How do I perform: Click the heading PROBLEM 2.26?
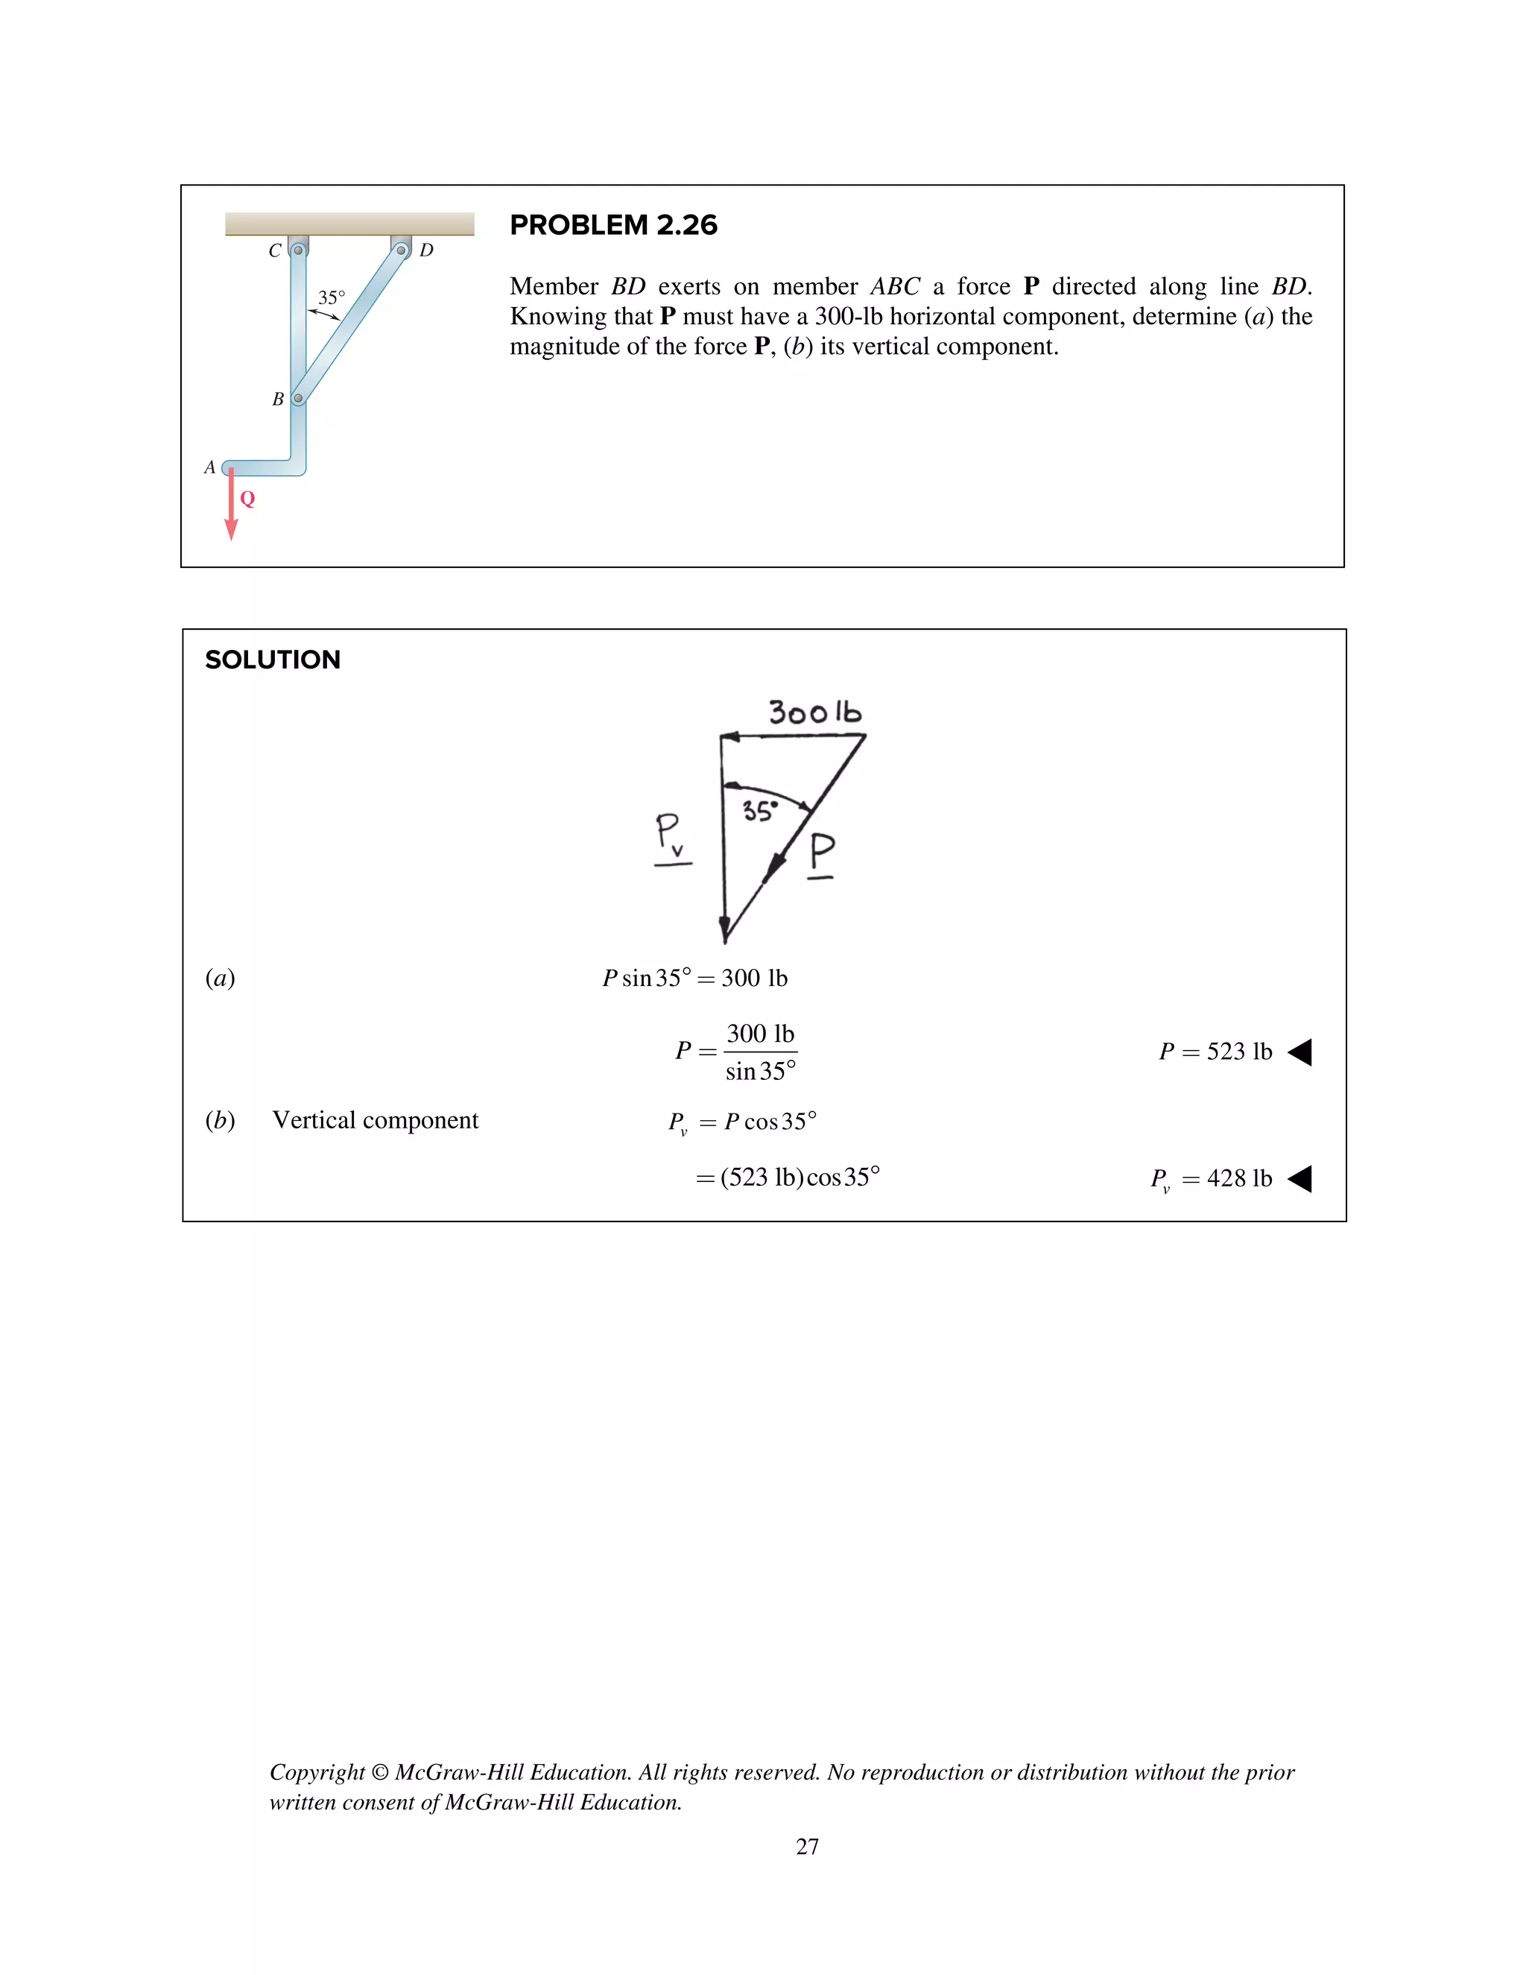coord(613,225)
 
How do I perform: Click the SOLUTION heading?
coord(272,660)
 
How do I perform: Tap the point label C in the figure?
coord(275,250)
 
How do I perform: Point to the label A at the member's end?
coord(209,467)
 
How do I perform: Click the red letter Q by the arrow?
coord(247,499)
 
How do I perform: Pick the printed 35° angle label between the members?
coord(331,297)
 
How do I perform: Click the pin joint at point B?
coord(297,399)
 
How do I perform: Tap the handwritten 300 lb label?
coord(814,712)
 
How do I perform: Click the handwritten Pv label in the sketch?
coord(670,835)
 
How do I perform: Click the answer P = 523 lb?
coord(1215,1052)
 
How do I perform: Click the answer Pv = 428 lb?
coord(1211,1179)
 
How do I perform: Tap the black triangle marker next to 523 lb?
coord(1300,1052)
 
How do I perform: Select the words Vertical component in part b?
coord(376,1120)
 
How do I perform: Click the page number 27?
coord(807,1847)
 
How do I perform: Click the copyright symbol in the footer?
coord(380,1772)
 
